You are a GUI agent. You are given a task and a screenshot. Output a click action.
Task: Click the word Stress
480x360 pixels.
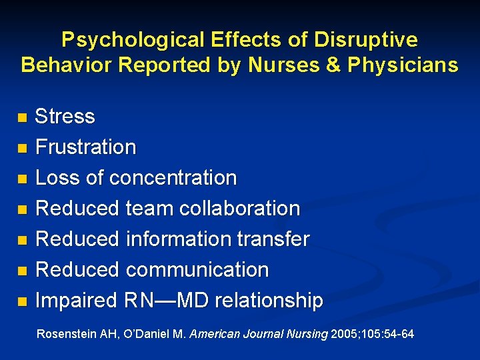(65, 117)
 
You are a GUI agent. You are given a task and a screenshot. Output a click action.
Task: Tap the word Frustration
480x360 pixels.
(85, 147)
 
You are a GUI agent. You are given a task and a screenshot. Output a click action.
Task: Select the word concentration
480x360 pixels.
(173, 178)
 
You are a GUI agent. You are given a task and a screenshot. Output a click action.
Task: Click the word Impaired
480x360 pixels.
(75, 301)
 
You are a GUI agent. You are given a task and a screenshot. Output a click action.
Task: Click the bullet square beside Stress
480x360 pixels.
(23, 118)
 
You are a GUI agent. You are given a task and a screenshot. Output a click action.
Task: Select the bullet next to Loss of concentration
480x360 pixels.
(23, 179)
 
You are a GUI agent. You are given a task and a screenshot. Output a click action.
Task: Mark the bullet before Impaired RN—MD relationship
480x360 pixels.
(23, 302)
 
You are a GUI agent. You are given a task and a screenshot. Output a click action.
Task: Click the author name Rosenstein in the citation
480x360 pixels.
(65, 333)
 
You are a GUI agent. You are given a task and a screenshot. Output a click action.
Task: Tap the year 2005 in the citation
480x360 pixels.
(344, 333)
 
